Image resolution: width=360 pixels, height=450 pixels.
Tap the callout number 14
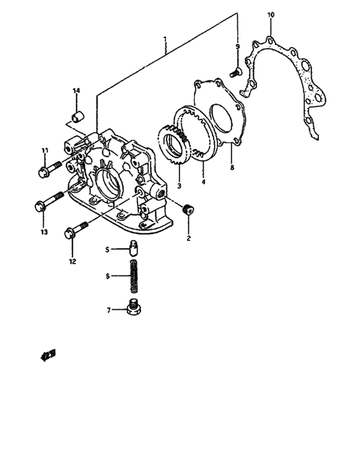pos(76,91)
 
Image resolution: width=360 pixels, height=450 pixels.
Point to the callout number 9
pos(237,47)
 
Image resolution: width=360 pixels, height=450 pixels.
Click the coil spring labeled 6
pos(135,275)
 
